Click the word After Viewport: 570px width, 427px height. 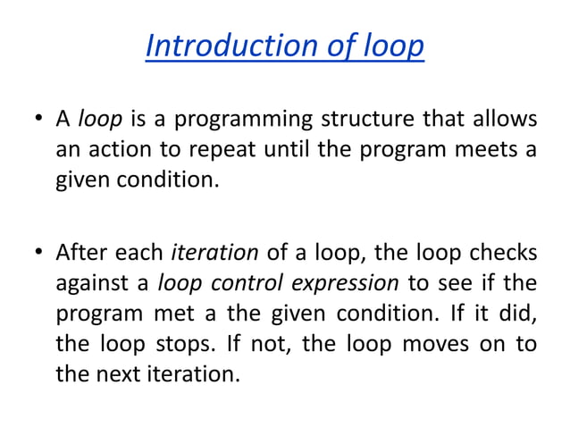(80, 254)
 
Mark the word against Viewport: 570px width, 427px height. (89, 285)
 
